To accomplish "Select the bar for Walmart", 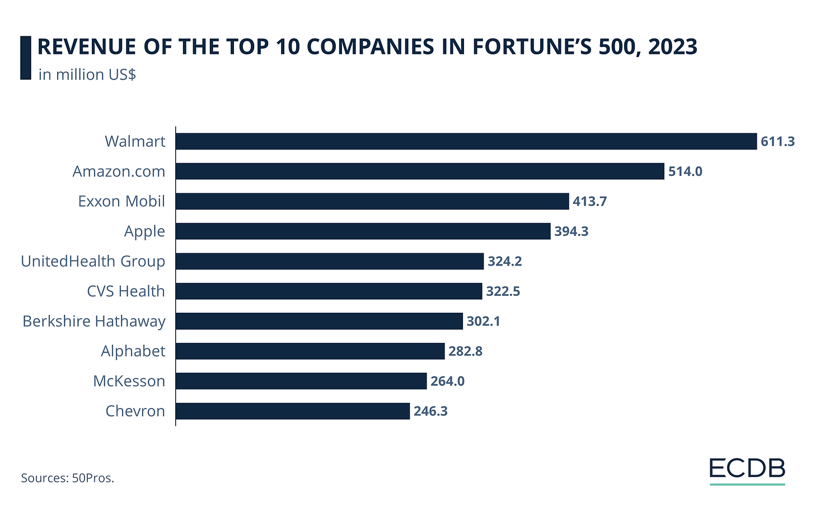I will point(466,141).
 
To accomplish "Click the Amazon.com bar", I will point(420,171).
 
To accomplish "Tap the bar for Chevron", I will point(293,411).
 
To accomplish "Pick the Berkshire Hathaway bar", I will point(319,321).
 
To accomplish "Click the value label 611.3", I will point(777,142).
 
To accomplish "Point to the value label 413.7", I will point(589,202).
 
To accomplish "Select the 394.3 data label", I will point(571,231).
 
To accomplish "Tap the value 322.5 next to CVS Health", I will point(503,291).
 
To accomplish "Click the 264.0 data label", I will point(447,382).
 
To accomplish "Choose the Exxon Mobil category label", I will point(121,201).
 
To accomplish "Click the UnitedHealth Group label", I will point(93,261).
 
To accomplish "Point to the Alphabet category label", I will point(133,351).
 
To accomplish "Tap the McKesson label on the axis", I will point(129,381).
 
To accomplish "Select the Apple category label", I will point(144,231).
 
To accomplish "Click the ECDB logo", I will point(747,469).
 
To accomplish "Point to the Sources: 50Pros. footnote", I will point(67,478).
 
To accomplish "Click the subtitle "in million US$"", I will point(87,75).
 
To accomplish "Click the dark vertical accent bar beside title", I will point(25,58).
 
